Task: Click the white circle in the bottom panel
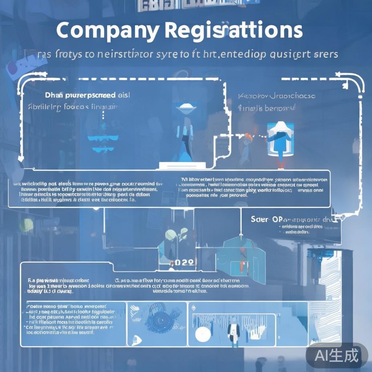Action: point(202,334)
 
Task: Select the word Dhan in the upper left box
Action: point(54,96)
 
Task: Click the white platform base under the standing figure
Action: point(182,165)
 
